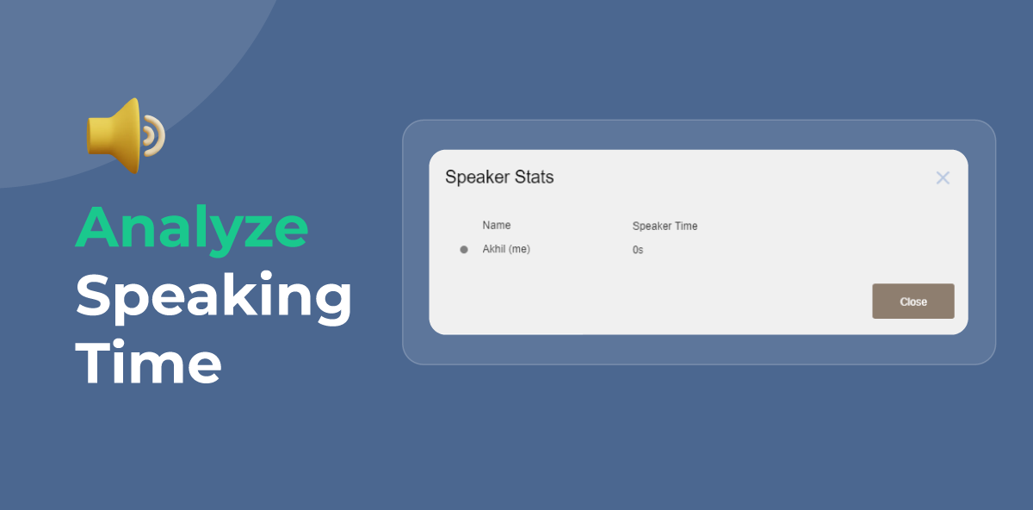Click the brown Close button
(913, 301)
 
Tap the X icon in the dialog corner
(943, 177)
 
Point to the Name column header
(496, 225)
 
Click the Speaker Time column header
(665, 227)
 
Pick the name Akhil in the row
(494, 249)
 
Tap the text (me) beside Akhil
(519, 249)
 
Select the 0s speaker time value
(638, 250)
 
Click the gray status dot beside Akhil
(464, 249)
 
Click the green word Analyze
(191, 229)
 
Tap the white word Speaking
(213, 296)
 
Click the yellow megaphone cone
(115, 136)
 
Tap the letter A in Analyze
(98, 227)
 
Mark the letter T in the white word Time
(94, 361)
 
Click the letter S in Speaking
(94, 295)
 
